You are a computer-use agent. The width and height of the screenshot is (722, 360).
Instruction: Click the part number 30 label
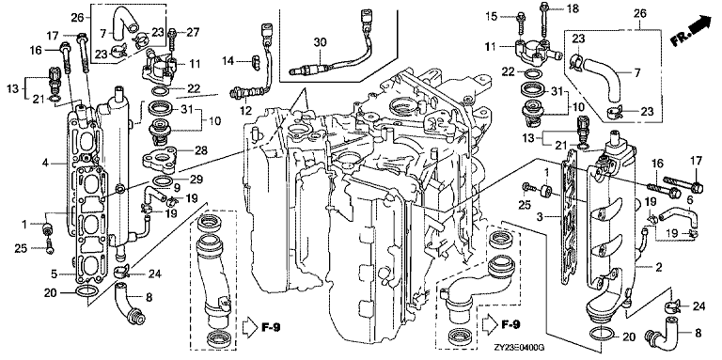[320, 43]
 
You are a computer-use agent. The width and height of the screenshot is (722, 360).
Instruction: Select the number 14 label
[228, 60]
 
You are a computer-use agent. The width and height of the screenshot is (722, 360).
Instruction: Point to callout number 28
[201, 150]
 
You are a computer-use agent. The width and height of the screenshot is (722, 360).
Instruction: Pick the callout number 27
[194, 32]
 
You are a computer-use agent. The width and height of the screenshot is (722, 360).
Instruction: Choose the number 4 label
[45, 163]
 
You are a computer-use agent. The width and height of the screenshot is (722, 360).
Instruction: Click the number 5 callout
[54, 274]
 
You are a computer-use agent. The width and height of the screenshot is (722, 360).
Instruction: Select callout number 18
[560, 8]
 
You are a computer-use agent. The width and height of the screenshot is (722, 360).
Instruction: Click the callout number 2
[659, 267]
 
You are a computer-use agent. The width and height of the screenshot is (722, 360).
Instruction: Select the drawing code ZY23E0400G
[516, 349]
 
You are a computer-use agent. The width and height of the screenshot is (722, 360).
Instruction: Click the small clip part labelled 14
[253, 61]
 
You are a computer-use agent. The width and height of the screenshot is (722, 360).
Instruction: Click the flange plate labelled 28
[161, 159]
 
